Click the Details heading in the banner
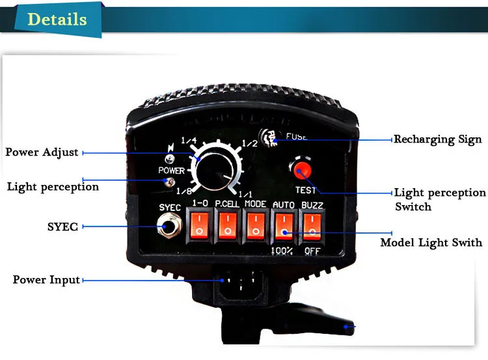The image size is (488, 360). click(x=57, y=19)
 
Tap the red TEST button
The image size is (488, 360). click(x=301, y=172)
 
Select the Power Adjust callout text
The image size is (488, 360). click(x=42, y=152)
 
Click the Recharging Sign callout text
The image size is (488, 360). click(x=437, y=139)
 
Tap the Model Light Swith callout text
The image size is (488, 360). click(x=431, y=243)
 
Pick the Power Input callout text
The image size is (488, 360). click(x=46, y=280)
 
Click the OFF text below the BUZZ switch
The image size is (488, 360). click(x=312, y=250)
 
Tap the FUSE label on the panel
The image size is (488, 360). click(x=296, y=137)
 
